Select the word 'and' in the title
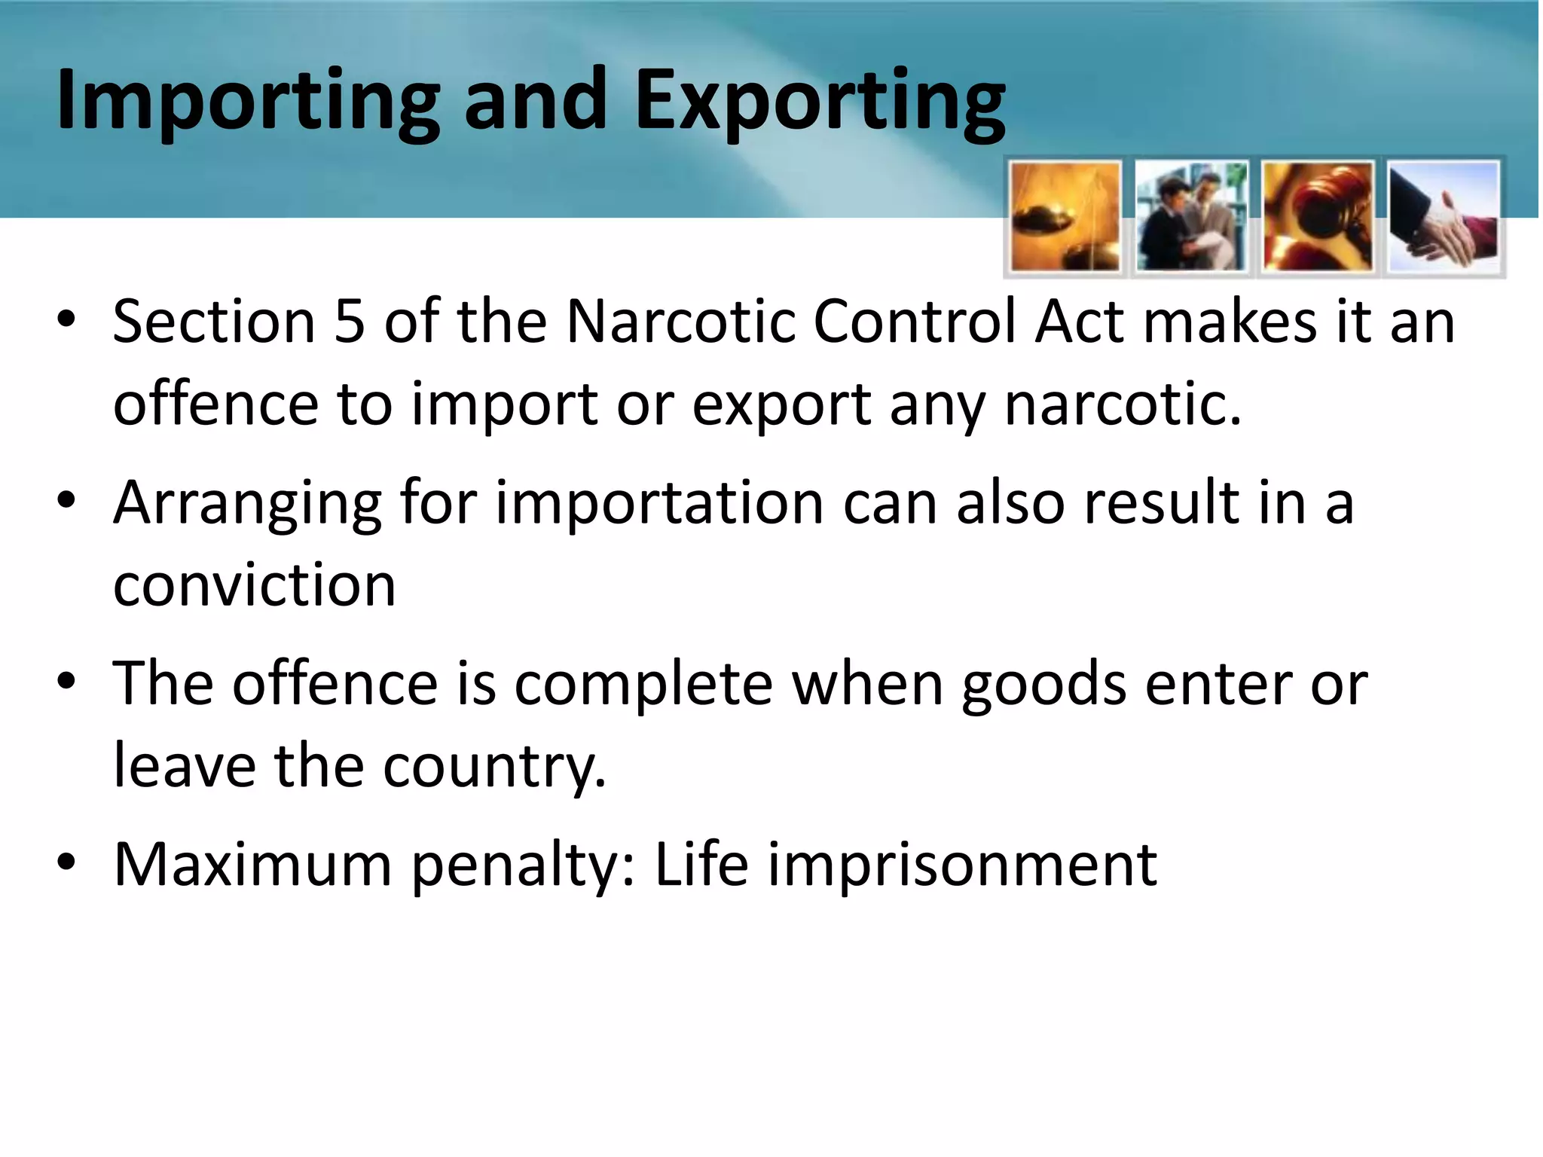(536, 100)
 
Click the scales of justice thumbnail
(1065, 217)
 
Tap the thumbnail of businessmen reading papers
(1191, 217)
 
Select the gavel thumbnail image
(1318, 217)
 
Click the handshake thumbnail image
(1444, 217)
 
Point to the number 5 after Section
(349, 322)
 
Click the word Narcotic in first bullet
(680, 322)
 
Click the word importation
(659, 503)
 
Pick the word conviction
(255, 585)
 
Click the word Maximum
(252, 864)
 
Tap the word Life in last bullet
(701, 864)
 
